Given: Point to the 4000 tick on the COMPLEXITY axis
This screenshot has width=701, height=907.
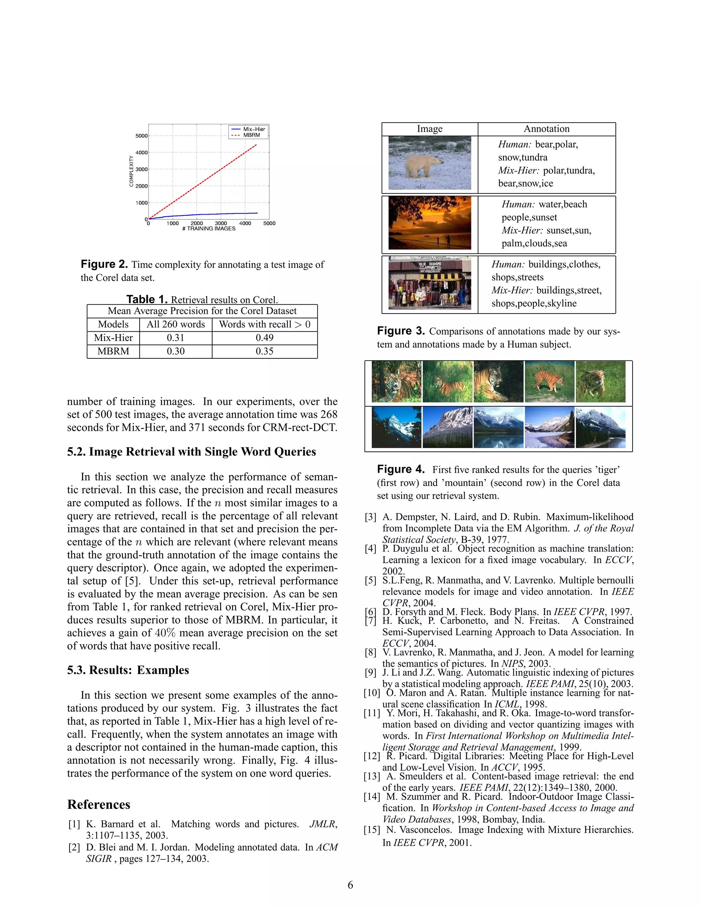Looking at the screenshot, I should click(142, 152).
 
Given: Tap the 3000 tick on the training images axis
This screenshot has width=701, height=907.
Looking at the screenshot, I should click(220, 223).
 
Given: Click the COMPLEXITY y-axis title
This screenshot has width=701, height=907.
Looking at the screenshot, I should click(131, 171).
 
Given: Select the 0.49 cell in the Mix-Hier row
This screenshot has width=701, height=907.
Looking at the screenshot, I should click(265, 337).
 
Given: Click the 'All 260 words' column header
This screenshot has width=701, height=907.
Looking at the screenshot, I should click(176, 324).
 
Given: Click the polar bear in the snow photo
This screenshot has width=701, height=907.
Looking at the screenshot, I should click(430, 163).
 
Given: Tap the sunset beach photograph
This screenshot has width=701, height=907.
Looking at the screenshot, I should click(430, 223).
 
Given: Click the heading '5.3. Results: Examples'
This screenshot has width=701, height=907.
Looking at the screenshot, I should click(128, 670).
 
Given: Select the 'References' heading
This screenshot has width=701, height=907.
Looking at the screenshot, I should click(99, 804).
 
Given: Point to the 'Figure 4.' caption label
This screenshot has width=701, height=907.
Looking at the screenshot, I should click(400, 469).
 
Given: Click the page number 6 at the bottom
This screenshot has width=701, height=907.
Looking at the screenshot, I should click(350, 885).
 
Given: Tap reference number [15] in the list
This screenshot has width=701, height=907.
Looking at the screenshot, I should click(372, 830).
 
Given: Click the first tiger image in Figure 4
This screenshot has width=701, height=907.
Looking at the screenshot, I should click(396, 382).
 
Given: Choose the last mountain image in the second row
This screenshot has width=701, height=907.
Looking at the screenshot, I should click(600, 427).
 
